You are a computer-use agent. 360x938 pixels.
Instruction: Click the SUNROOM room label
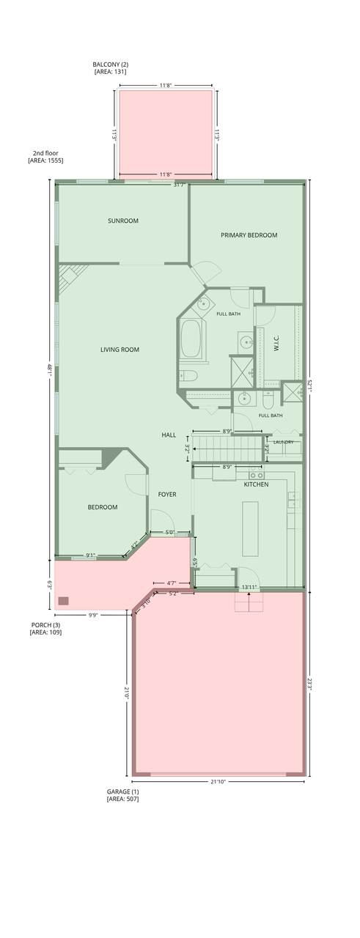click(122, 221)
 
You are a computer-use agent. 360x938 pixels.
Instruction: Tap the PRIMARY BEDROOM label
click(249, 235)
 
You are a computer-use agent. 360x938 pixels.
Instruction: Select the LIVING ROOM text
click(120, 350)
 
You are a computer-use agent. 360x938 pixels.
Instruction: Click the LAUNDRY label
click(283, 442)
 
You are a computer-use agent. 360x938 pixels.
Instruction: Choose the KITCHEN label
click(257, 484)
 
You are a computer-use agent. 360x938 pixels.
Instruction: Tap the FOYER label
click(167, 494)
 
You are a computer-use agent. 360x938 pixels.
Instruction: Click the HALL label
click(169, 435)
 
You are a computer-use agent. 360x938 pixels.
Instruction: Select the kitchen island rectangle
click(250, 528)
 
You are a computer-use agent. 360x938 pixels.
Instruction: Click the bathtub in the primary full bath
click(191, 339)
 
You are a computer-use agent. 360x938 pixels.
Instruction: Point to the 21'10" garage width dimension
click(218, 781)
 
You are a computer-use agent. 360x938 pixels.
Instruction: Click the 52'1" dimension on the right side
click(309, 385)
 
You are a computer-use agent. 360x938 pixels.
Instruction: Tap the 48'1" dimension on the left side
click(49, 369)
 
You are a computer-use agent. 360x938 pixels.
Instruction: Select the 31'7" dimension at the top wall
click(180, 185)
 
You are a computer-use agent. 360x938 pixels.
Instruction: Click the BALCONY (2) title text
click(111, 64)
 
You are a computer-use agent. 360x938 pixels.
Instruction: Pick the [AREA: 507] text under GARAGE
click(122, 799)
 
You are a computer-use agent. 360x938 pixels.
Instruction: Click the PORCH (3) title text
click(45, 625)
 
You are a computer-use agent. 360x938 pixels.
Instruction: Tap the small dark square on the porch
click(63, 601)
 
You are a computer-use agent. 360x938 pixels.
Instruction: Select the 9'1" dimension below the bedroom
click(90, 555)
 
